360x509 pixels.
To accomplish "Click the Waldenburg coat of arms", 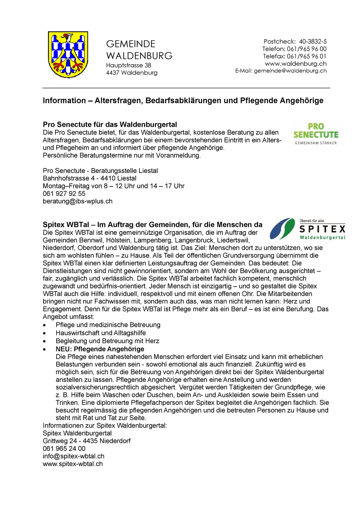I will point(68,54).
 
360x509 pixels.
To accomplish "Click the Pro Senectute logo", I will point(316,134).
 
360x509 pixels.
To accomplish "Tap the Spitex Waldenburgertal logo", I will point(307,229).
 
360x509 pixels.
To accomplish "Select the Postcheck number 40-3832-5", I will point(313,41).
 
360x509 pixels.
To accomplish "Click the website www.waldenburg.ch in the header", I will point(295,63).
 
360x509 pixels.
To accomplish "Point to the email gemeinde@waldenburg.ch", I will point(290,71).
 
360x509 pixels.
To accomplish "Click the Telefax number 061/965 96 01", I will point(306,56).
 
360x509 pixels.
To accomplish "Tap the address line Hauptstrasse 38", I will point(129,65).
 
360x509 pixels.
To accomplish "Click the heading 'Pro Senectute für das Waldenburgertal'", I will point(109,125).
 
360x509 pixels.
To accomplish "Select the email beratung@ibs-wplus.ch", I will point(78,201).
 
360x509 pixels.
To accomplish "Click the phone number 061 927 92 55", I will point(64,194).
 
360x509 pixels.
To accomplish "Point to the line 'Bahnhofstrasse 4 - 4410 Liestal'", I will point(90,178).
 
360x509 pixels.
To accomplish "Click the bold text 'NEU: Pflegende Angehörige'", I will point(100,349).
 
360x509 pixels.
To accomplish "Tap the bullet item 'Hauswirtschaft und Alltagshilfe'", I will point(101,333).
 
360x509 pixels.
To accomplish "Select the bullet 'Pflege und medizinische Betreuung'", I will point(108,325).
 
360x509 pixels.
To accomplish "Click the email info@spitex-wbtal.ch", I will point(73,456).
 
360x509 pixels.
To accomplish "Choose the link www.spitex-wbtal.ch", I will point(73,464).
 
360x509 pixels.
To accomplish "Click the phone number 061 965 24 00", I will point(64,449).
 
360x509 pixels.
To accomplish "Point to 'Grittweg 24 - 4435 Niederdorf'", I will point(87,441).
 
